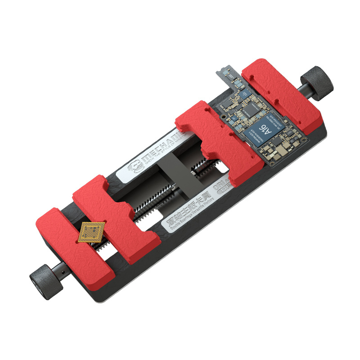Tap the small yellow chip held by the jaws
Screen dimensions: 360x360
tap(91, 232)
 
